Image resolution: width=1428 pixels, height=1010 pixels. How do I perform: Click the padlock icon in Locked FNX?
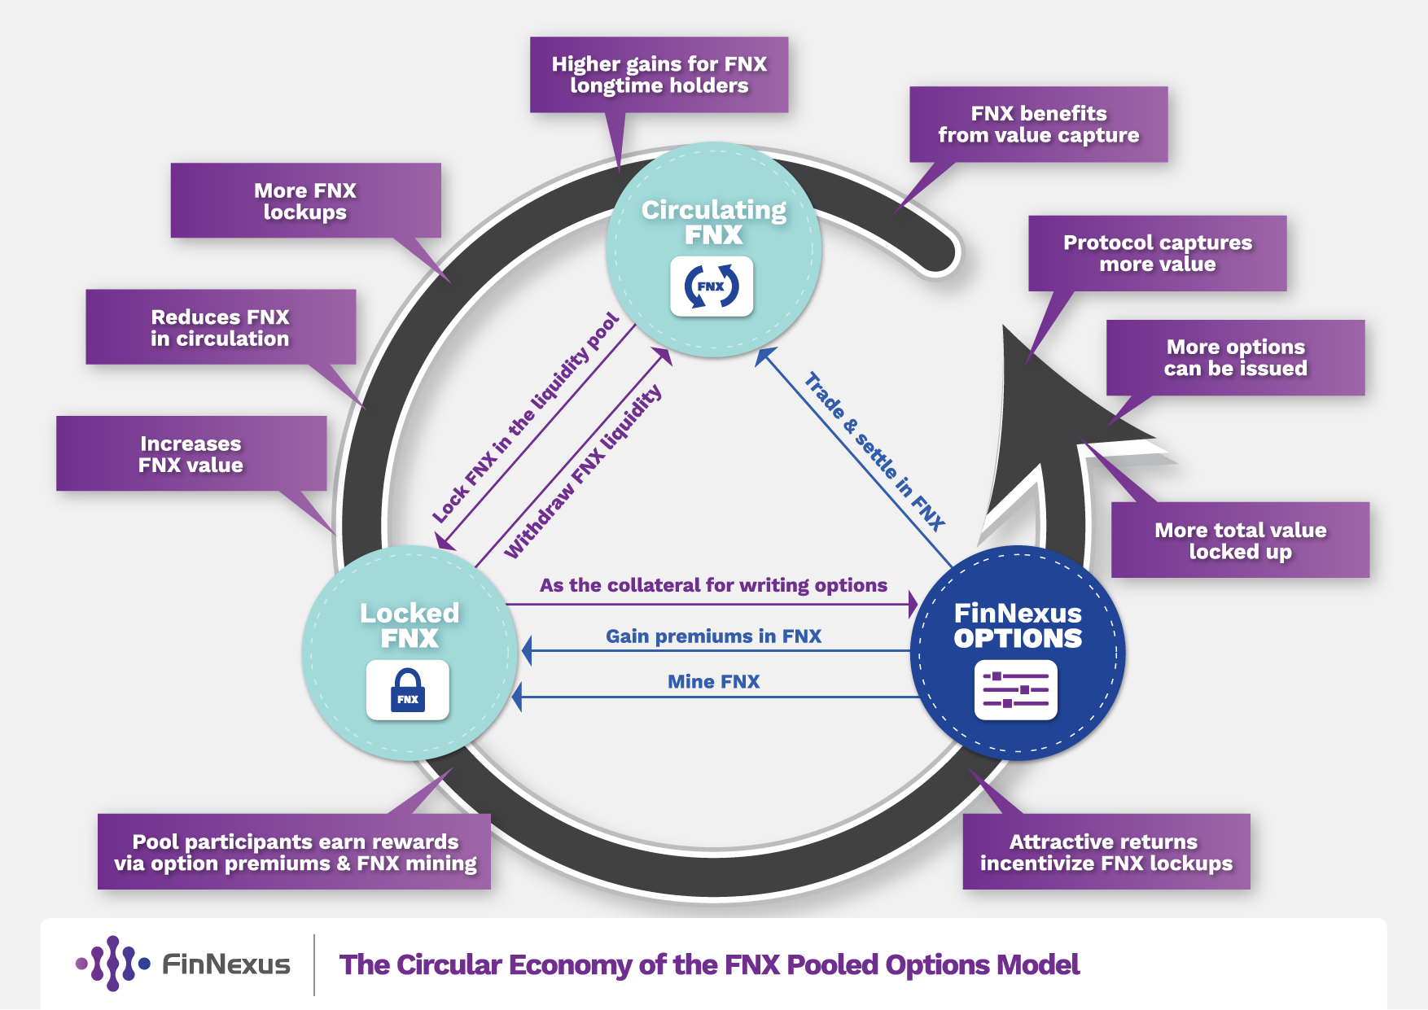(407, 690)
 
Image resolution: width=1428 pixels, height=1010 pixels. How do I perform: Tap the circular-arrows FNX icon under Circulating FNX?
(712, 286)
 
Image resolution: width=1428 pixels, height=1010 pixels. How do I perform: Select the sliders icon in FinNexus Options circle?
(1015, 690)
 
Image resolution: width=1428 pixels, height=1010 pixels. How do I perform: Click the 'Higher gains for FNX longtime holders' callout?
(659, 75)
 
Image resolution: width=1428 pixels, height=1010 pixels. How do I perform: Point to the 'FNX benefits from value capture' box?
(1038, 125)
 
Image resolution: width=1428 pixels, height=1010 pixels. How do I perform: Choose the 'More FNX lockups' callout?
(305, 201)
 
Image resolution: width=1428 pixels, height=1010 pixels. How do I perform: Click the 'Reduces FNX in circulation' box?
(221, 327)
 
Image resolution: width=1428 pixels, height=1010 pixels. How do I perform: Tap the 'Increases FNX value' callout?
(191, 454)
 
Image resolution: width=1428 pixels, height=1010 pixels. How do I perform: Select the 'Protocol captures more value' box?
(1157, 253)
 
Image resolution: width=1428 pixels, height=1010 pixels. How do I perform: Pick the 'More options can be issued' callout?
(1235, 358)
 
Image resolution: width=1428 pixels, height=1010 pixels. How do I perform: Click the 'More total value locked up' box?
(1240, 540)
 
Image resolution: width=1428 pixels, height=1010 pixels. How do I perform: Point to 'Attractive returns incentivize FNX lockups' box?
(1106, 852)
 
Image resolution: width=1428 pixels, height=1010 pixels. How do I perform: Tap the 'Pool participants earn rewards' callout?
(295, 852)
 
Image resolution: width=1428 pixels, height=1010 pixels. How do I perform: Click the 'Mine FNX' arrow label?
(713, 682)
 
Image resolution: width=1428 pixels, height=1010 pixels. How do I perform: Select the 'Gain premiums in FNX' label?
(713, 636)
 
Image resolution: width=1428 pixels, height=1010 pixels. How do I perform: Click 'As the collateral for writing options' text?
(713, 585)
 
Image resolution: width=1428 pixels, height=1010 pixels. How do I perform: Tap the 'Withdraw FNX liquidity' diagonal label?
(583, 471)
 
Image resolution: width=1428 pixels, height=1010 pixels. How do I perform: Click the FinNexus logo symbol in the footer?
(112, 964)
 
